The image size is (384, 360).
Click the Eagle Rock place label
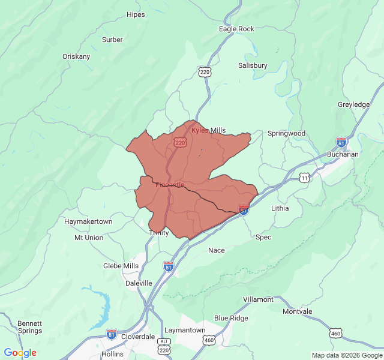point(236,29)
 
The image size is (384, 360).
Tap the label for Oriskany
point(76,56)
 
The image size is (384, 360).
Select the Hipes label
point(136,14)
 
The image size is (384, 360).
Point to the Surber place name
point(112,40)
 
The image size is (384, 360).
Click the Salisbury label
point(253,65)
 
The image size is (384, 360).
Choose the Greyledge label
point(353,104)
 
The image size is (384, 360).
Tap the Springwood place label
point(286,133)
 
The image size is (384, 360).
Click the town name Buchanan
point(343,154)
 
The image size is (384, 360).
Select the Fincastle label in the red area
point(170,185)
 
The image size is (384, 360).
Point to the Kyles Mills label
point(209,130)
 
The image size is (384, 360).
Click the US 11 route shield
point(305,178)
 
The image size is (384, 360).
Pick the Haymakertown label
point(88,221)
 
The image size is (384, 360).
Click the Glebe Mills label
point(121,266)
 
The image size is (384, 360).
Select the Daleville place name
point(139,283)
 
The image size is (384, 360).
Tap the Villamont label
point(258,299)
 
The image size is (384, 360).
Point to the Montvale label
point(297,312)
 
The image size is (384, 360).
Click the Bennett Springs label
point(29,327)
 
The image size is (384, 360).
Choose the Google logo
point(20,353)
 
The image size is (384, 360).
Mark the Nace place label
point(216,250)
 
